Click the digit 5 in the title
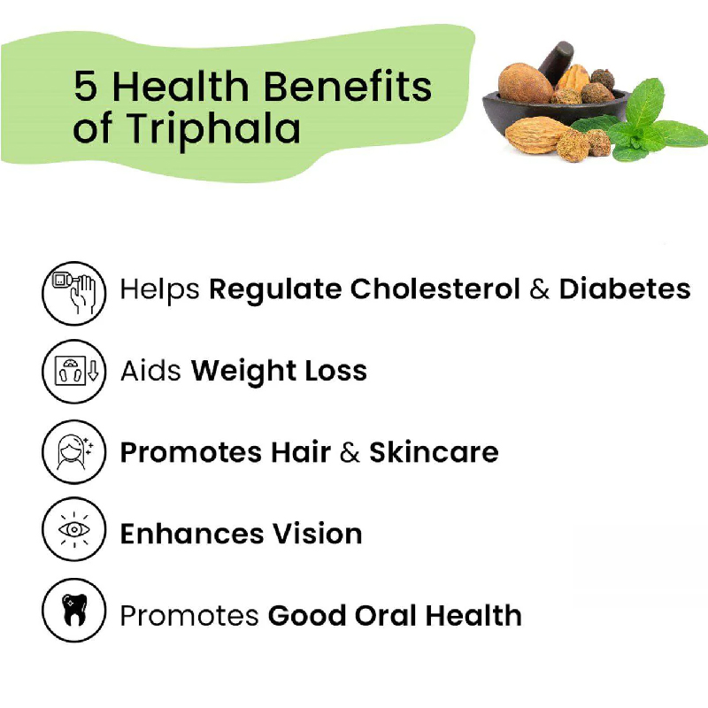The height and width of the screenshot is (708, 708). (x=85, y=86)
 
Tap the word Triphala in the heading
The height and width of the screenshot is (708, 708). (x=212, y=129)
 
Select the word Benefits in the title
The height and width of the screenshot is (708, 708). (x=347, y=86)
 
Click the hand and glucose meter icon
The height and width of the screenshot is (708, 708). (x=74, y=293)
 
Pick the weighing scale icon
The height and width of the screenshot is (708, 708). (x=74, y=371)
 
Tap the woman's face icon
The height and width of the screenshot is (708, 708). (x=74, y=452)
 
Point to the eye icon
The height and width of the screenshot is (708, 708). (x=74, y=529)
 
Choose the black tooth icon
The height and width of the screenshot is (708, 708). (x=74, y=611)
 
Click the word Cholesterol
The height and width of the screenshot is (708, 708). (x=435, y=289)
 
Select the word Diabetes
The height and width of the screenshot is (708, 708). (x=625, y=289)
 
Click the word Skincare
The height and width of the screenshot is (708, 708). (x=434, y=452)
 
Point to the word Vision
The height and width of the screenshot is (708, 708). (x=317, y=534)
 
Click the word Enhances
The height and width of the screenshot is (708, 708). (x=192, y=534)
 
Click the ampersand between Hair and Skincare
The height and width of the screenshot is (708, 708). (x=350, y=452)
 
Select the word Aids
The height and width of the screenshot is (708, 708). (x=150, y=371)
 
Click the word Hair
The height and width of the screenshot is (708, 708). (x=301, y=452)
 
